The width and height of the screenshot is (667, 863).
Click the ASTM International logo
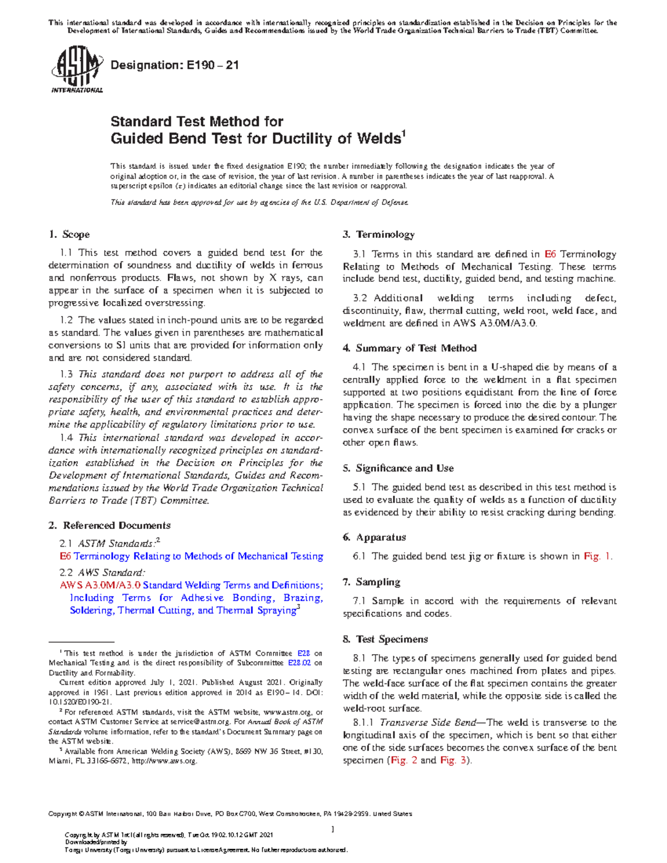[76, 71]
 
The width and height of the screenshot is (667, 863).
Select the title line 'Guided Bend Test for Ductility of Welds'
[256, 138]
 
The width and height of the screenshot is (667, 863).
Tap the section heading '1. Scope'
[69, 235]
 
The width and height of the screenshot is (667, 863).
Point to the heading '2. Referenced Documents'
[109, 525]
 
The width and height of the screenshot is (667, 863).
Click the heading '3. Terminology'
[379, 235]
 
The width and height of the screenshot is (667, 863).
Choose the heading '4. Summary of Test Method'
[410, 348]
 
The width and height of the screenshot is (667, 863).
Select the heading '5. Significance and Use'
[398, 468]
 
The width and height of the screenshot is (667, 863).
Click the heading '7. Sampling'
[371, 582]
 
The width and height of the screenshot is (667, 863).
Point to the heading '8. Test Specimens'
[385, 639]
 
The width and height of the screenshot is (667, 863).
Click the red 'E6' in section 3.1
[550, 254]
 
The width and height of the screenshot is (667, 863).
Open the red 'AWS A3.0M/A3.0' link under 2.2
[100, 585]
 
